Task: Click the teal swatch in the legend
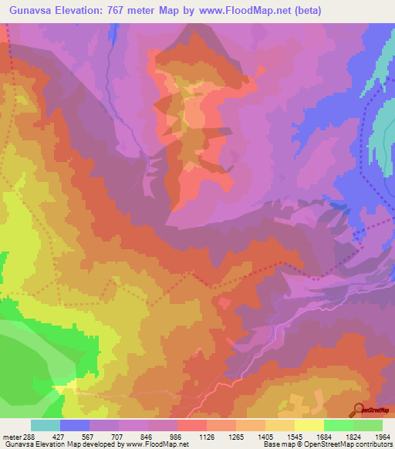(46, 425)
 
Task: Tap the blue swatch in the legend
(75, 425)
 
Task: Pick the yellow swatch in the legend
(309, 425)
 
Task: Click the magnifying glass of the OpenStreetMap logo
(358, 408)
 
